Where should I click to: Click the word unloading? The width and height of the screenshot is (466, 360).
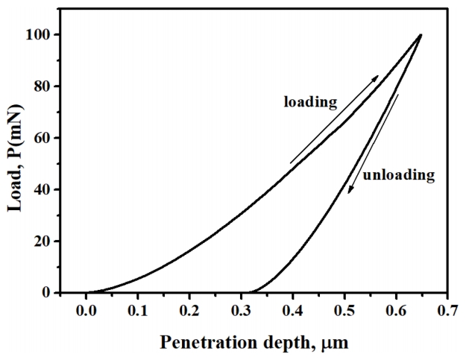coord(398,176)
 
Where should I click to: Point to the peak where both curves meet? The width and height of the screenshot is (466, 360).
coord(421,35)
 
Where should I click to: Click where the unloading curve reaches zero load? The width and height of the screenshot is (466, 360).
coord(250,292)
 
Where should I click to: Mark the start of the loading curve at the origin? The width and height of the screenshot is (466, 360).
coord(87,292)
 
